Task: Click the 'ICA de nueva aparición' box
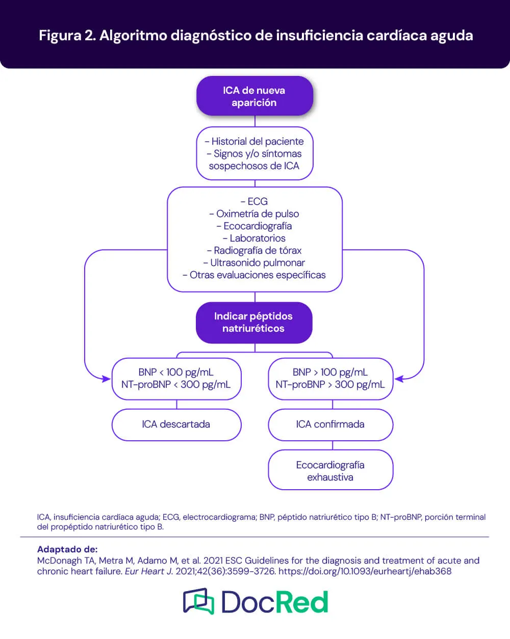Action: point(254,96)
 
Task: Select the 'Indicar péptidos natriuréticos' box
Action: point(253,323)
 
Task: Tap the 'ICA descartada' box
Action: point(176,424)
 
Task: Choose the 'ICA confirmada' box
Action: point(330,424)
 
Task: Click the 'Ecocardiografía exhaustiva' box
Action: point(330,471)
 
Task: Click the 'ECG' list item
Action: point(254,201)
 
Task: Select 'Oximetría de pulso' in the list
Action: point(254,214)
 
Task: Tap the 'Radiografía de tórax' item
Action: point(254,250)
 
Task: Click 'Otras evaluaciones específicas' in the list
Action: point(254,275)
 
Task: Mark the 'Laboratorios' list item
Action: point(254,238)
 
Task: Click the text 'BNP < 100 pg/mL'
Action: point(176,372)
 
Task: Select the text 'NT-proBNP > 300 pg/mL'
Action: point(330,384)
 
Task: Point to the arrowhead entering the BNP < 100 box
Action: point(107,379)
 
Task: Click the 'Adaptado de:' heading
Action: point(67,549)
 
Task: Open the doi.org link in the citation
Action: point(365,571)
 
